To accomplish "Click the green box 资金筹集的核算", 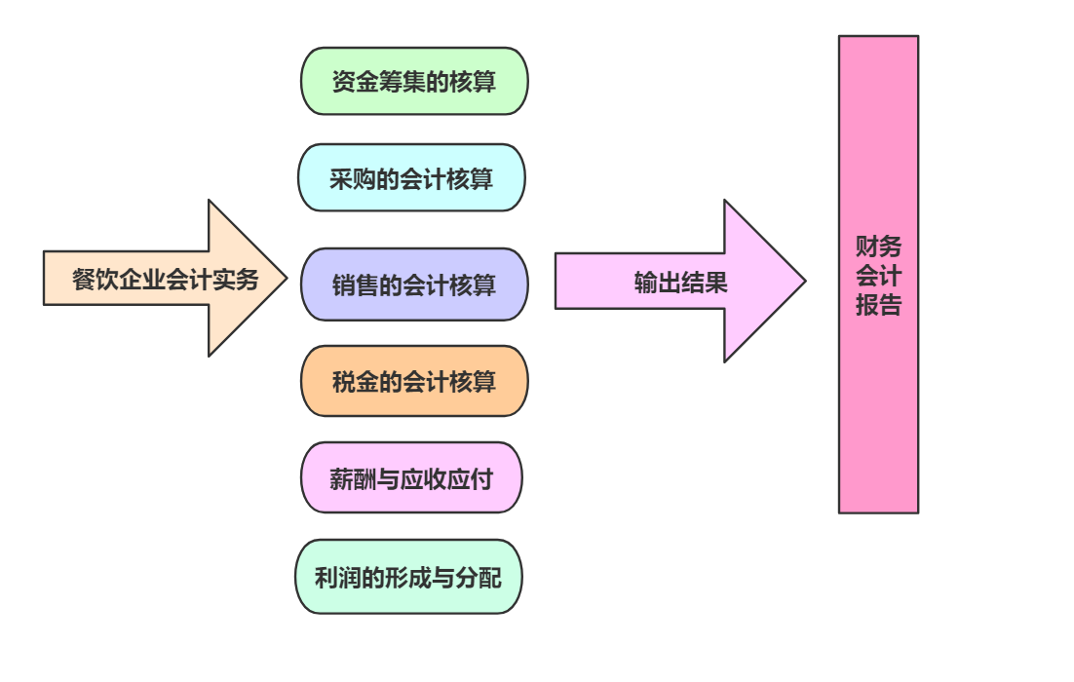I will point(414,82).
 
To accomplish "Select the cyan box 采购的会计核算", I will point(411,178).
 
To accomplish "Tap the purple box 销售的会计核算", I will point(414,284).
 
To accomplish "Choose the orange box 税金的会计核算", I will point(414,381).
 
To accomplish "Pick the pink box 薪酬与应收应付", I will point(411,478).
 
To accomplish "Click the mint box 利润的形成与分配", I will point(409,577).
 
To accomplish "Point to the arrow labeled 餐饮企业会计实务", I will point(166,280).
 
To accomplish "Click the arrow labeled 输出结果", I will point(680,283).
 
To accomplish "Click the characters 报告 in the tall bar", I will point(878,306).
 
